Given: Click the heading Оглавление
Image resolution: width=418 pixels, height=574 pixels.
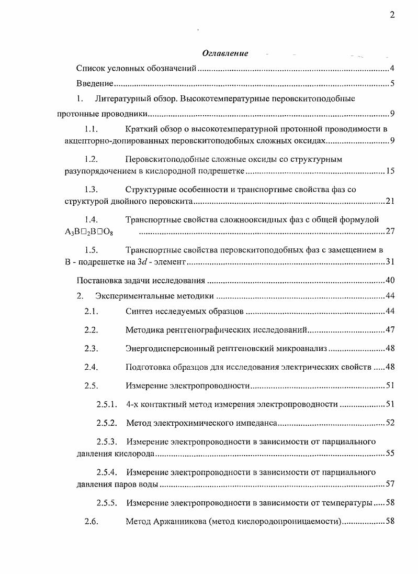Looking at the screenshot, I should click(225, 53).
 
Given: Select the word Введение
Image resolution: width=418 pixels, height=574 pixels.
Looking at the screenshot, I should click(95, 83).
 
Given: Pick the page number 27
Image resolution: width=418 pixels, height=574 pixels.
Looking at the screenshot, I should click(390, 231).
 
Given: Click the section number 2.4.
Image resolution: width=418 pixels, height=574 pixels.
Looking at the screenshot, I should click(92, 367).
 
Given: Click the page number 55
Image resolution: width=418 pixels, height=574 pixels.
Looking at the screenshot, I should click(390, 454).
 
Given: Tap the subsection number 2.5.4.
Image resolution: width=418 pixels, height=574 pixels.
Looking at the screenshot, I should click(107, 472).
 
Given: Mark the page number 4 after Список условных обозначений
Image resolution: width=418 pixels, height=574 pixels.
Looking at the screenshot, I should click(392, 69).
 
